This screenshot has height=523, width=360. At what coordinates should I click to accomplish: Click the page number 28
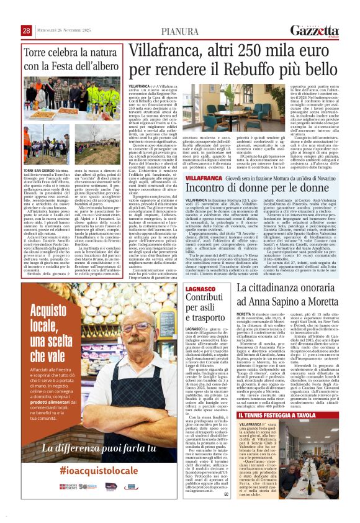[27, 30]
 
